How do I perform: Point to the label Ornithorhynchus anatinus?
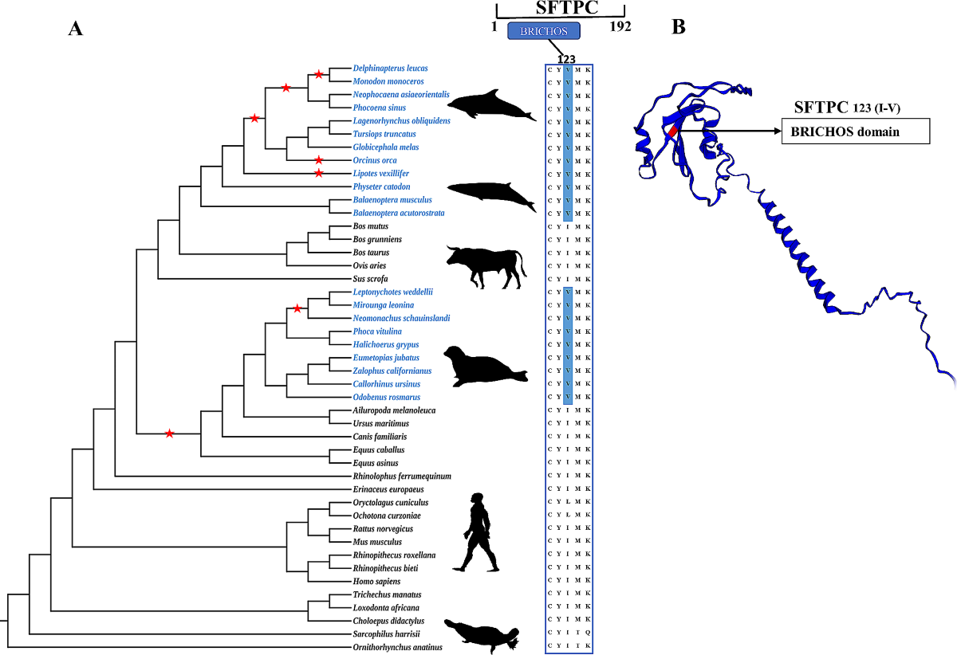(397, 647)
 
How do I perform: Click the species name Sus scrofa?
(370, 279)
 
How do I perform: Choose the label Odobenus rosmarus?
(386, 397)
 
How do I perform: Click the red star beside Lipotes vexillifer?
(319, 173)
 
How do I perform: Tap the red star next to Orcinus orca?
(319, 160)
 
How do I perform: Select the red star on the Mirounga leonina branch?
(297, 308)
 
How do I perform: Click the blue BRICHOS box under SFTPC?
(544, 31)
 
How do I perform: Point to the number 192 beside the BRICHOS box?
(620, 27)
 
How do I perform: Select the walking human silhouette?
(478, 531)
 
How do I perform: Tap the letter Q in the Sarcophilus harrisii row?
(589, 634)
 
